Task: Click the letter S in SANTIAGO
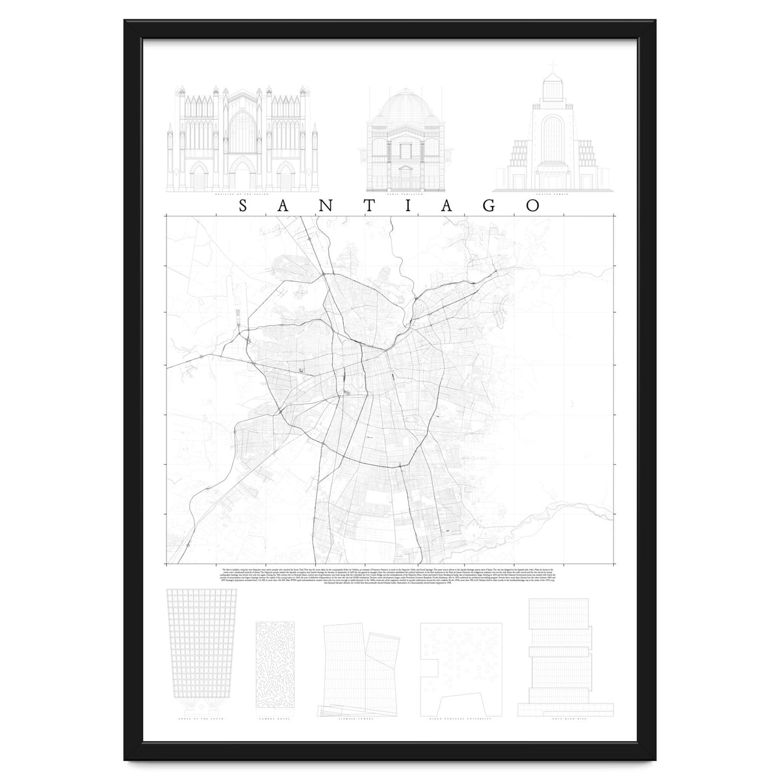[x=242, y=206]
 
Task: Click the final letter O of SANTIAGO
[x=532, y=206]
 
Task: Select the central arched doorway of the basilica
[x=242, y=177]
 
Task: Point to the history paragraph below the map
[x=390, y=577]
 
